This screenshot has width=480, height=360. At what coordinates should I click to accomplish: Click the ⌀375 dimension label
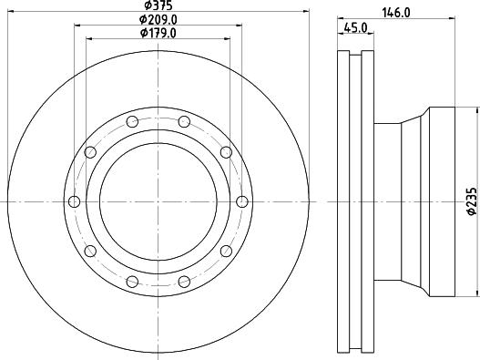158,5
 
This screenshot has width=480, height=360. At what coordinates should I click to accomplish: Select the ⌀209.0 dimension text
158,20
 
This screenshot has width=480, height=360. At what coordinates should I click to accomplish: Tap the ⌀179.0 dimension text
158,33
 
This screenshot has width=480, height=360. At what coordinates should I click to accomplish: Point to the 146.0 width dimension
396,13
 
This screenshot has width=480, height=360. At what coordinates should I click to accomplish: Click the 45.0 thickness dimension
355,28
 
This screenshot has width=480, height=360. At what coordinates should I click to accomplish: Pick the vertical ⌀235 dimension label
473,201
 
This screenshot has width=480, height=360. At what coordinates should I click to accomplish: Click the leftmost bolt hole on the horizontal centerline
74,202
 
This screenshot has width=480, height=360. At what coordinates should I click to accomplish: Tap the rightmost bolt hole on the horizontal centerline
242,202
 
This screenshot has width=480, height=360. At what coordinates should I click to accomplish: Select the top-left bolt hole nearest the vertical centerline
132,121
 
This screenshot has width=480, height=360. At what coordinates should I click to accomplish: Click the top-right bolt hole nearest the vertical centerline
184,121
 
